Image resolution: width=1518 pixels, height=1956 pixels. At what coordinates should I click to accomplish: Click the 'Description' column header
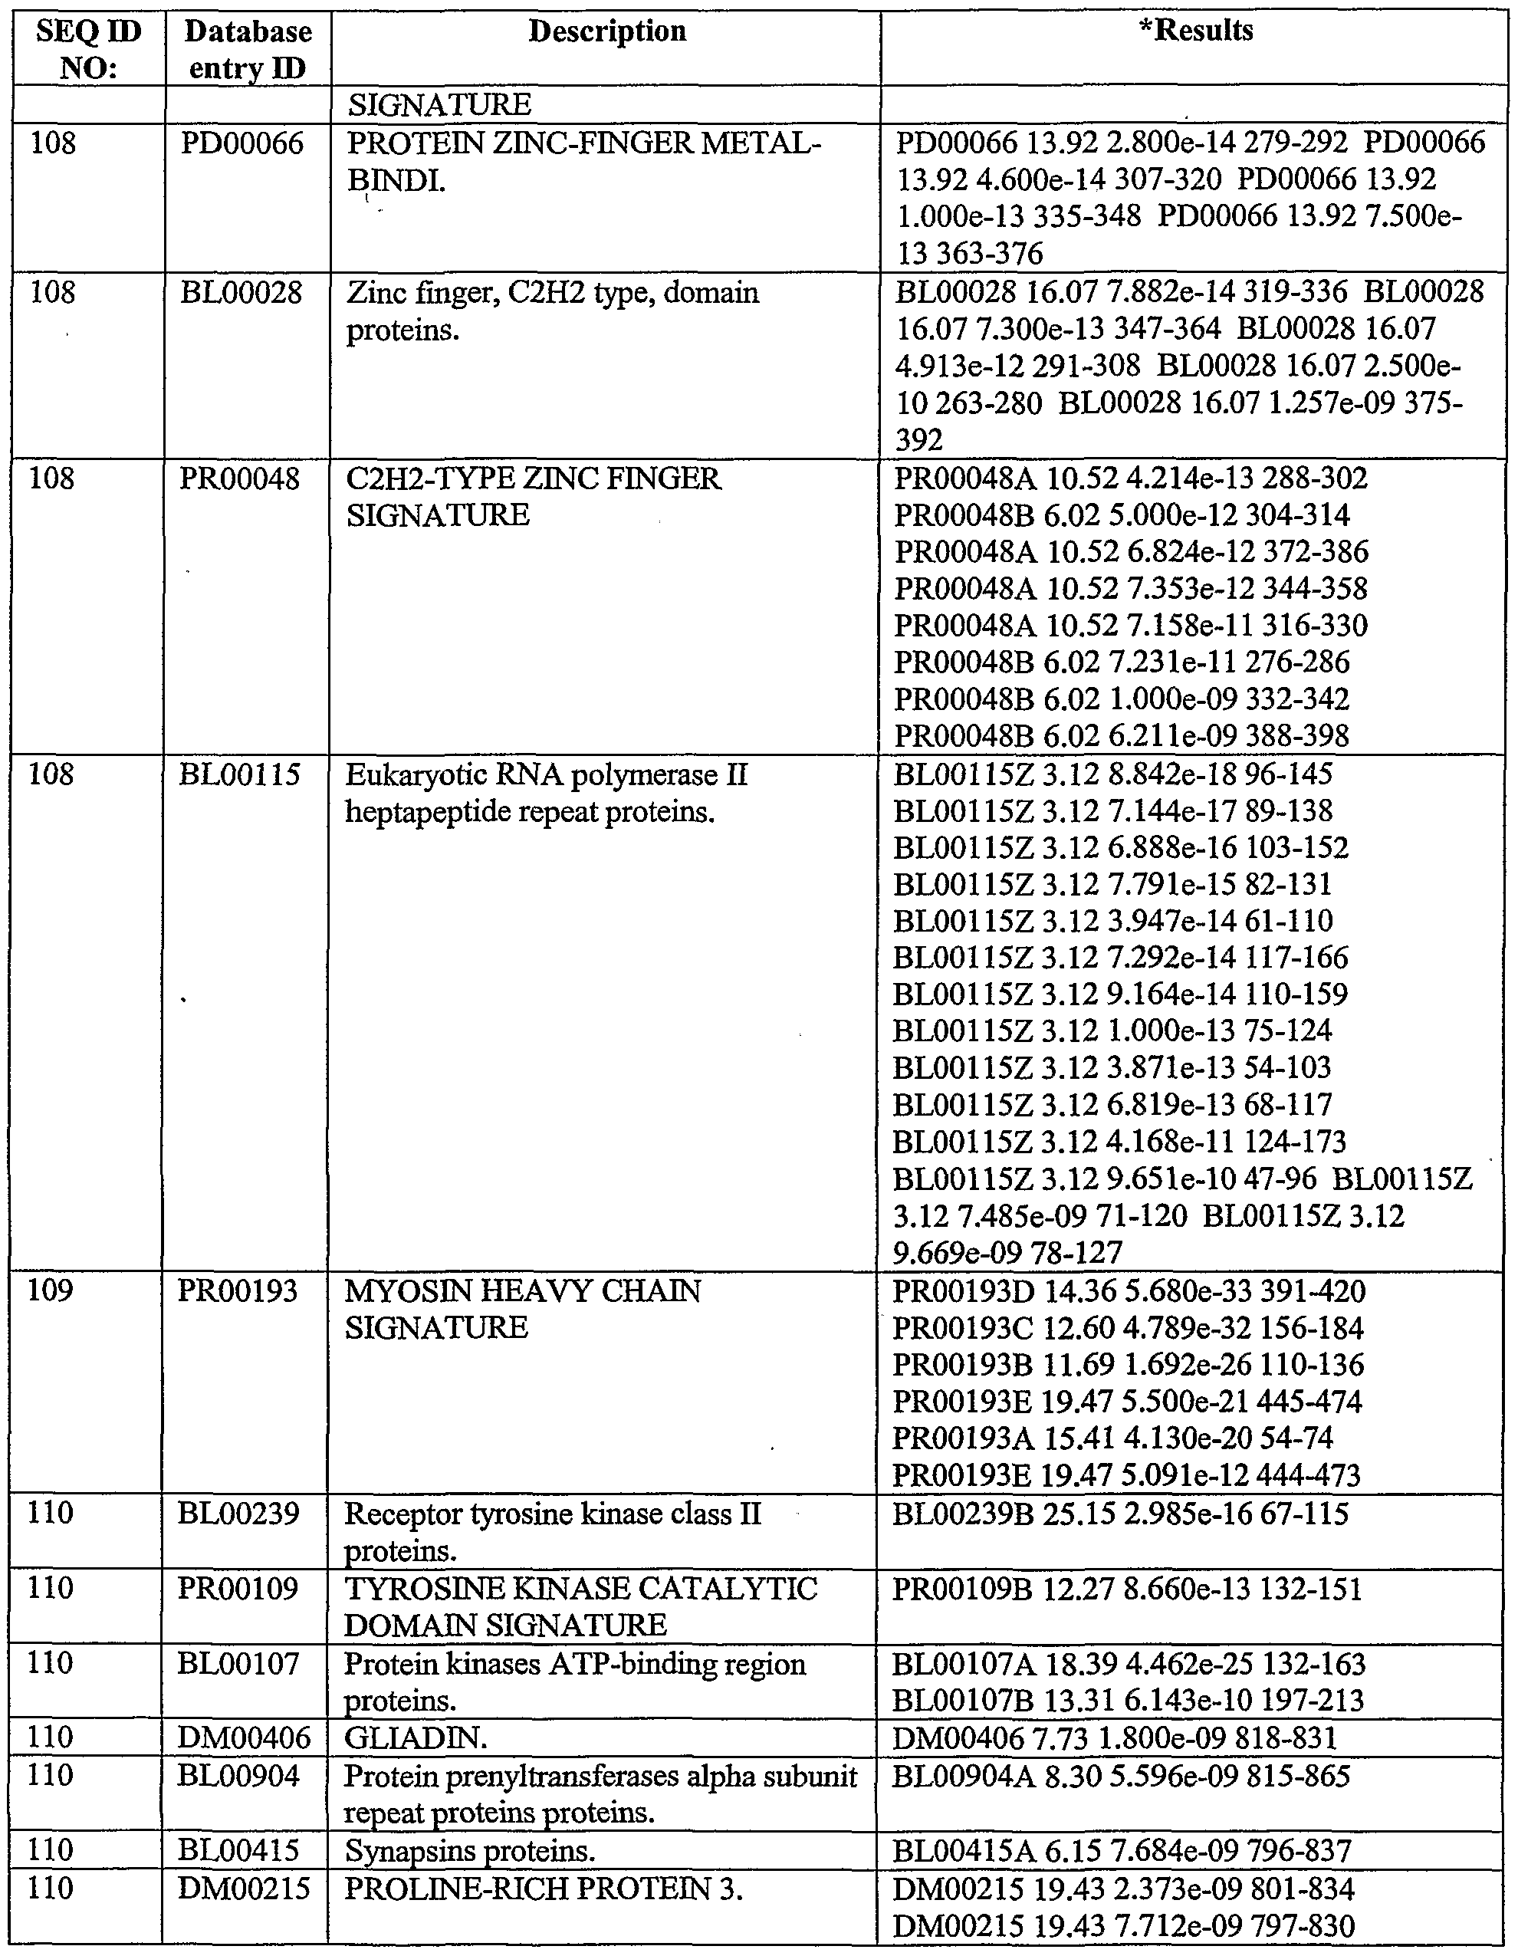pyautogui.click(x=606, y=31)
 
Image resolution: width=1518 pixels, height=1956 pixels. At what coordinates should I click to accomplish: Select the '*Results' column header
pyautogui.click(x=1194, y=31)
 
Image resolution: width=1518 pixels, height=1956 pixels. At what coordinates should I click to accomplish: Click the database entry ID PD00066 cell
pyautogui.click(x=242, y=143)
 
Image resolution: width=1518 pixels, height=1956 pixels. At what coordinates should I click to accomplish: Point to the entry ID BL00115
pyautogui.click(x=239, y=774)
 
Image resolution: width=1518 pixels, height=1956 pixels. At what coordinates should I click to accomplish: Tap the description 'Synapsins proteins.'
pyautogui.click(x=469, y=1849)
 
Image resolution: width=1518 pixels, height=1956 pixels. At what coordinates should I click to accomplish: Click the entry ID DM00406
pyautogui.click(x=244, y=1738)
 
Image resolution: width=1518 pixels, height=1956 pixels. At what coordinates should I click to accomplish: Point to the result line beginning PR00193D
pyautogui.click(x=1129, y=1291)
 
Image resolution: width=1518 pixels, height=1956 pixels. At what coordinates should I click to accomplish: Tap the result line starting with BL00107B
pyautogui.click(x=1128, y=1700)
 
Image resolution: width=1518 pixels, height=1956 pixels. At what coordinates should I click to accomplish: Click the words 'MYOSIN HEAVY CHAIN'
pyautogui.click(x=522, y=1291)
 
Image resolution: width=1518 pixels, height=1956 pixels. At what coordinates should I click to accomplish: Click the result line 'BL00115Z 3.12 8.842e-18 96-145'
pyautogui.click(x=1112, y=774)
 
